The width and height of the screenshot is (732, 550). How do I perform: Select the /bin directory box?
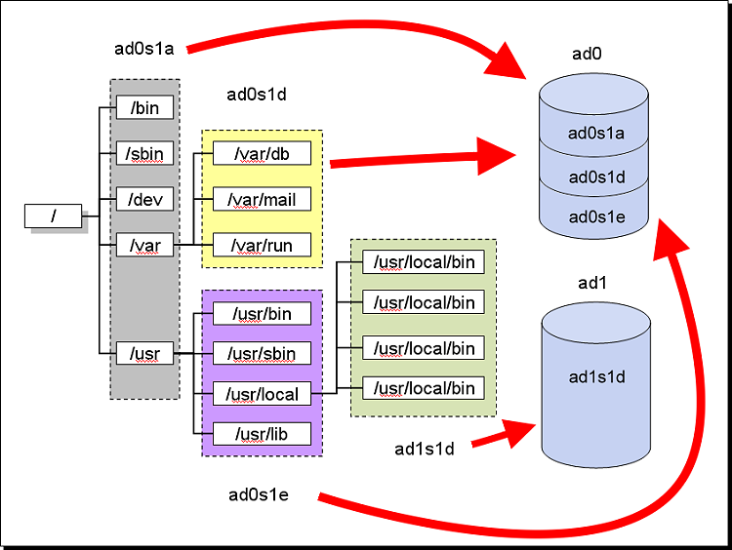(x=144, y=107)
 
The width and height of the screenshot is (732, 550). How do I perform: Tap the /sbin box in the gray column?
(x=144, y=153)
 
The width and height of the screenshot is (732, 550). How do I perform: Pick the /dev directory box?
(x=144, y=200)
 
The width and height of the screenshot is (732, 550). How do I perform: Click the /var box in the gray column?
(x=144, y=245)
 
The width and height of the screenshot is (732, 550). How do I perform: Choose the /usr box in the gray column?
(x=144, y=352)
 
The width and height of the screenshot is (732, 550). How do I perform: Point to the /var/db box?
(x=262, y=154)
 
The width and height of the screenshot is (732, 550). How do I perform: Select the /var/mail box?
(x=262, y=200)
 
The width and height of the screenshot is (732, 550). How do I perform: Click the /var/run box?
(x=262, y=245)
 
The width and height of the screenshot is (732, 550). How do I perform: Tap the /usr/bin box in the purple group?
(x=262, y=313)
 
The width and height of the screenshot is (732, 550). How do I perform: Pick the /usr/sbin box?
(x=262, y=352)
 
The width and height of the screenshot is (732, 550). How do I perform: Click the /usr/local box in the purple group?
(x=262, y=394)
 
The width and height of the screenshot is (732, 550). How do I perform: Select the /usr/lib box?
(x=262, y=433)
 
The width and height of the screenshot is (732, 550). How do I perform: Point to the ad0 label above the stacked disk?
(x=588, y=56)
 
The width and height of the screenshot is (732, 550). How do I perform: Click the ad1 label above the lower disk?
(x=593, y=283)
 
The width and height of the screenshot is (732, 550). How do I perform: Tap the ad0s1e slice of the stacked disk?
(x=595, y=216)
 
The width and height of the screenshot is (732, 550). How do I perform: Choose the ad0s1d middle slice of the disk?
(x=595, y=177)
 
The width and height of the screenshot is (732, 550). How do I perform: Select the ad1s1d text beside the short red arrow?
(x=426, y=449)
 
